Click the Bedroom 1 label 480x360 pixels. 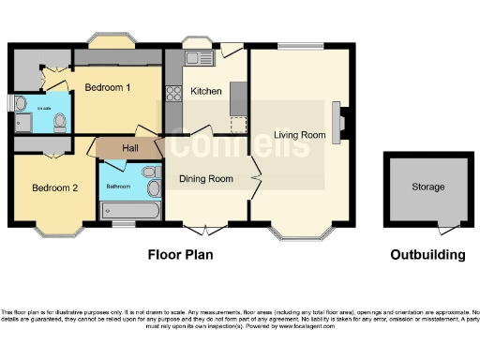108,87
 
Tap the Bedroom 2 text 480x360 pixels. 55,187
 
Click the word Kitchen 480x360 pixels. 206,91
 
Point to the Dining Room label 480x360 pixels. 206,178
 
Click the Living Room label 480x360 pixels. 299,135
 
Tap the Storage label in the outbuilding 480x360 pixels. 428,187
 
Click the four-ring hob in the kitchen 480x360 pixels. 172,93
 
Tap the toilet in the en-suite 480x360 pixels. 60,120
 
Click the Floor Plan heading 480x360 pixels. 180,254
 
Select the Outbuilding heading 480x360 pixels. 427,254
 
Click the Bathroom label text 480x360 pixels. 118,187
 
